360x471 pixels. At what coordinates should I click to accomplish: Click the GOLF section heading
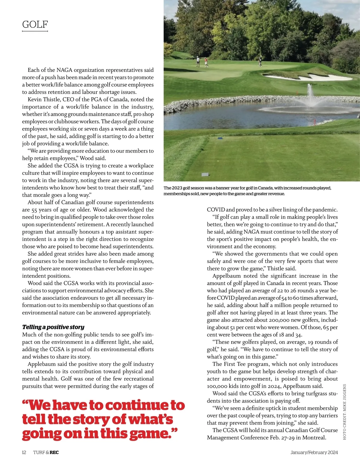[x=35, y=24]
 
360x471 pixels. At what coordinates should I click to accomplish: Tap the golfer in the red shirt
[x=206, y=62]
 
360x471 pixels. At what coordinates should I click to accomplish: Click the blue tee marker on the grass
[x=220, y=138]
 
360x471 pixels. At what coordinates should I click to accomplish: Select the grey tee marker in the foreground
[x=205, y=174]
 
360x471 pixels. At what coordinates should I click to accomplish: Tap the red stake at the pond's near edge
[x=315, y=122]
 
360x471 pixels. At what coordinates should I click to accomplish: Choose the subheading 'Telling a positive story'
[x=53, y=327]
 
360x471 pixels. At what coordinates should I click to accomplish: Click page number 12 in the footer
[x=24, y=452]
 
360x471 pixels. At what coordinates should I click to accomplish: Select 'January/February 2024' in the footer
[x=314, y=452]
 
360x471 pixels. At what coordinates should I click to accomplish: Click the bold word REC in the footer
[x=54, y=452]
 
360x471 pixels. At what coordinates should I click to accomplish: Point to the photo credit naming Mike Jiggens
[x=344, y=412]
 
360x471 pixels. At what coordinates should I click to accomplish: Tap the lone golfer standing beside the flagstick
[x=260, y=61]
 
